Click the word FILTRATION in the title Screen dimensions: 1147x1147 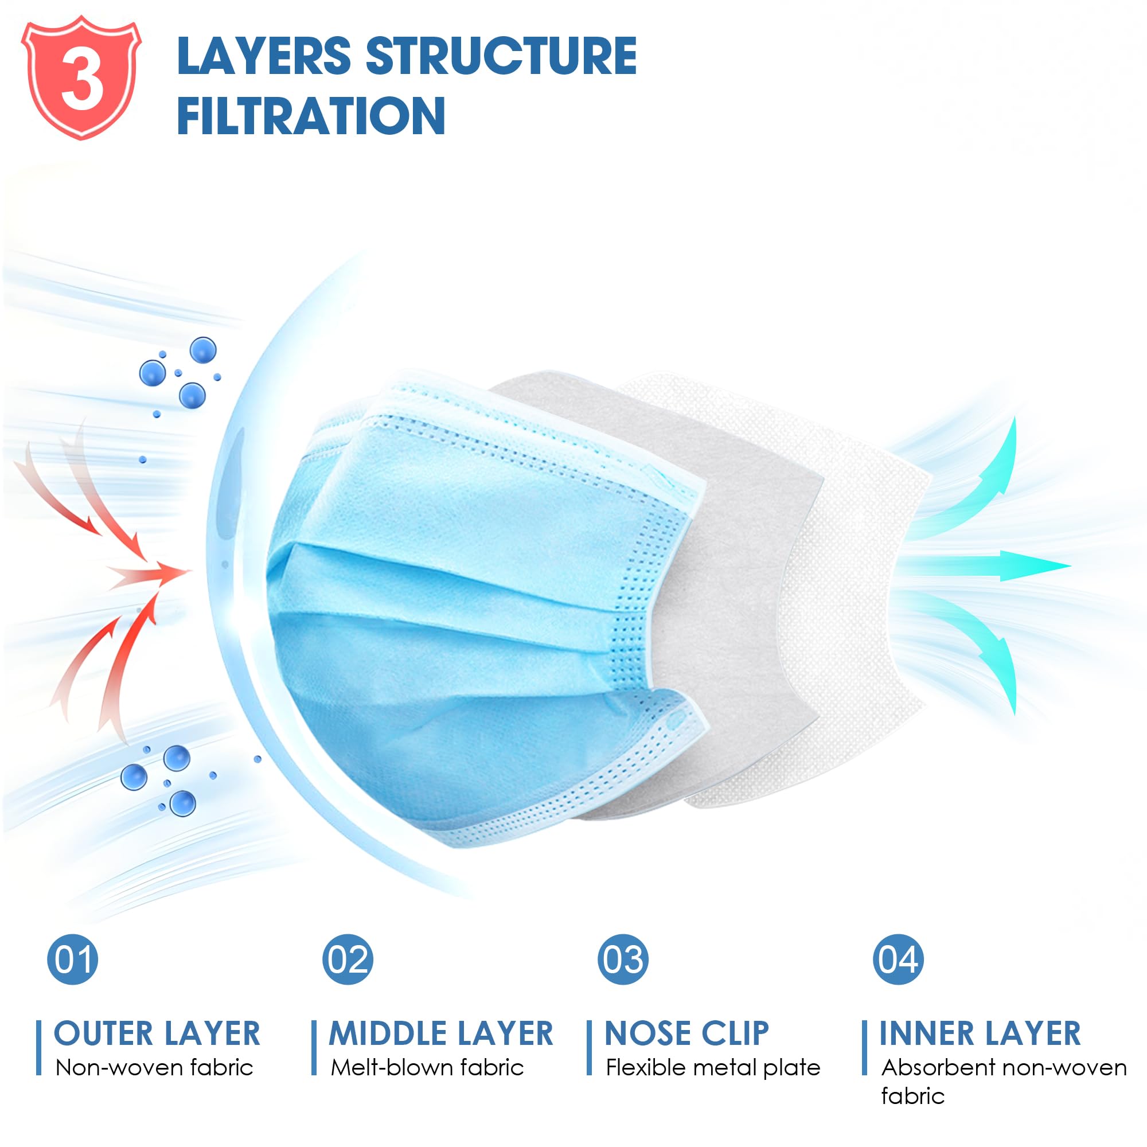(311, 116)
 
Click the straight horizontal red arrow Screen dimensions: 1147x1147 (149, 572)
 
